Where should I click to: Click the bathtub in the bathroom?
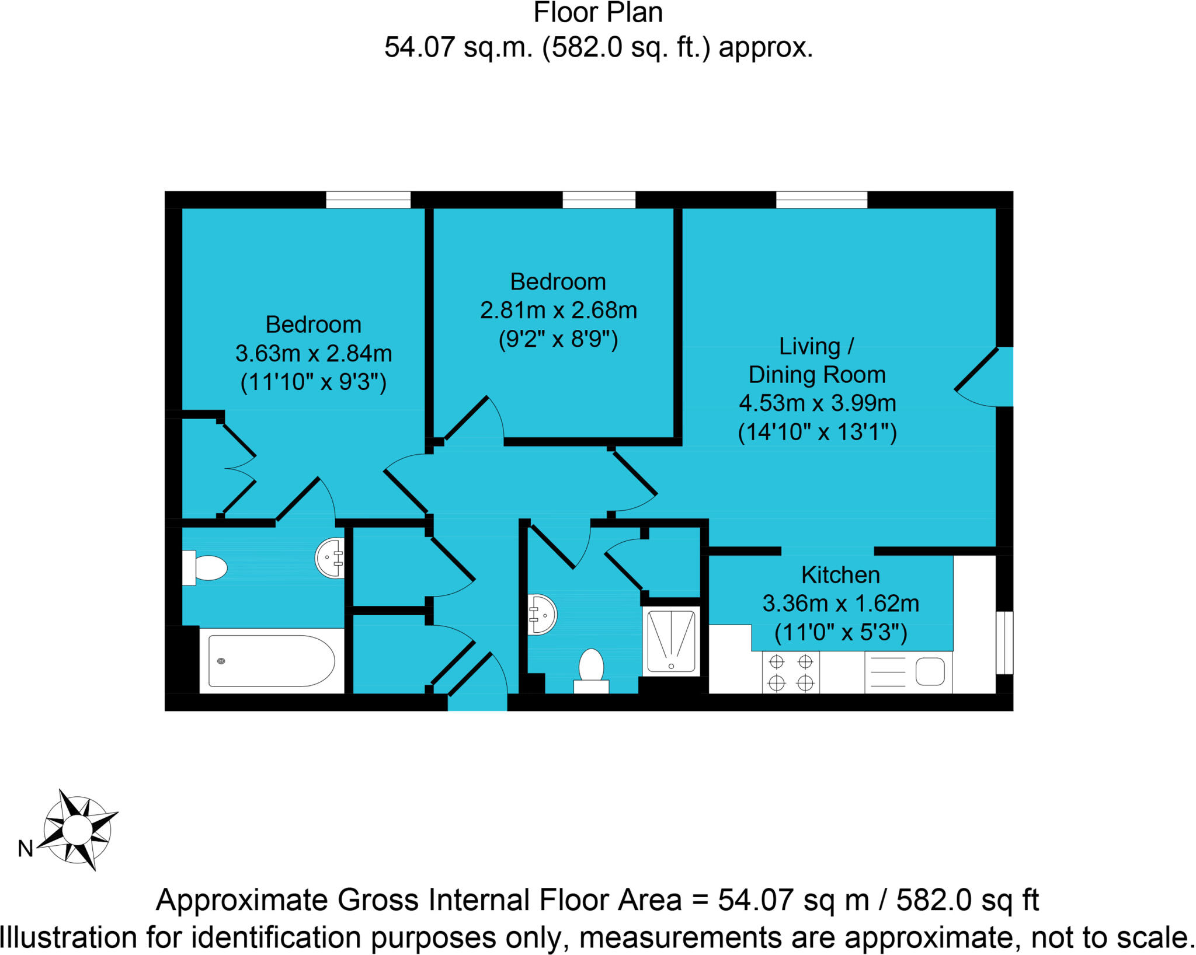click(272, 661)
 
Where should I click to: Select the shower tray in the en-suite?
click(671, 641)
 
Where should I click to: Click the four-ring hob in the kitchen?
click(791, 672)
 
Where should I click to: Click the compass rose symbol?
click(78, 829)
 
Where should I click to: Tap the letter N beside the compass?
click(25, 849)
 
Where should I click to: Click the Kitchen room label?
click(840, 575)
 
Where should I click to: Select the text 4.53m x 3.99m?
click(817, 403)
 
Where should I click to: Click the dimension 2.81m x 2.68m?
click(558, 310)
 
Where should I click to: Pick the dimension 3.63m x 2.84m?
click(313, 353)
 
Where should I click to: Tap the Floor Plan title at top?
click(598, 13)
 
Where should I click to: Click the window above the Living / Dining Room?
click(821, 200)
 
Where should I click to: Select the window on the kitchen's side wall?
click(1004, 642)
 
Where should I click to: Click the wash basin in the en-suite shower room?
click(543, 614)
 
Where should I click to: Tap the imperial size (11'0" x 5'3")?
click(840, 632)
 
